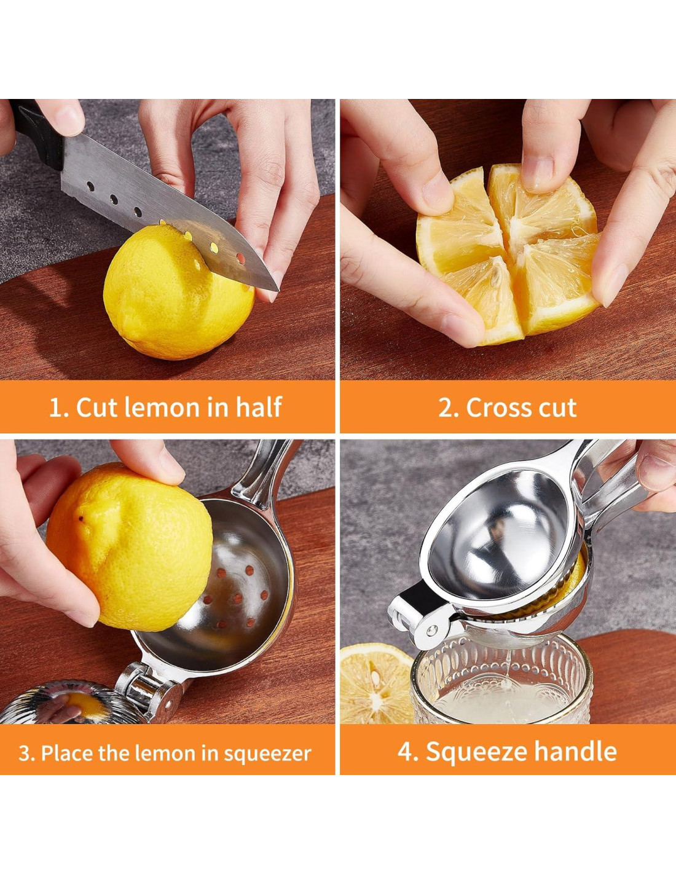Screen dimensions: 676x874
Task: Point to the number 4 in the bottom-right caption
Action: [405, 751]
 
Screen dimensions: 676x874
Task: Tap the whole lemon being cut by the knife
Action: [179, 292]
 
